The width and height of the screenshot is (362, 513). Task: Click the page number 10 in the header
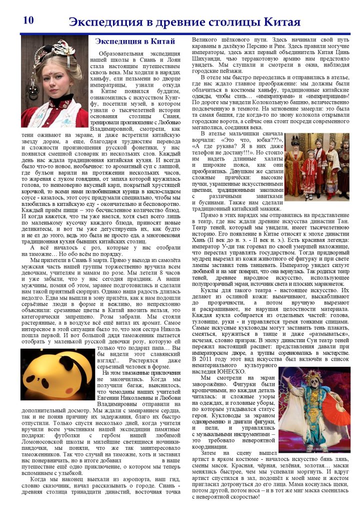tap(28, 21)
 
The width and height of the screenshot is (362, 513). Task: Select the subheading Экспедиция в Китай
tap(134, 41)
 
